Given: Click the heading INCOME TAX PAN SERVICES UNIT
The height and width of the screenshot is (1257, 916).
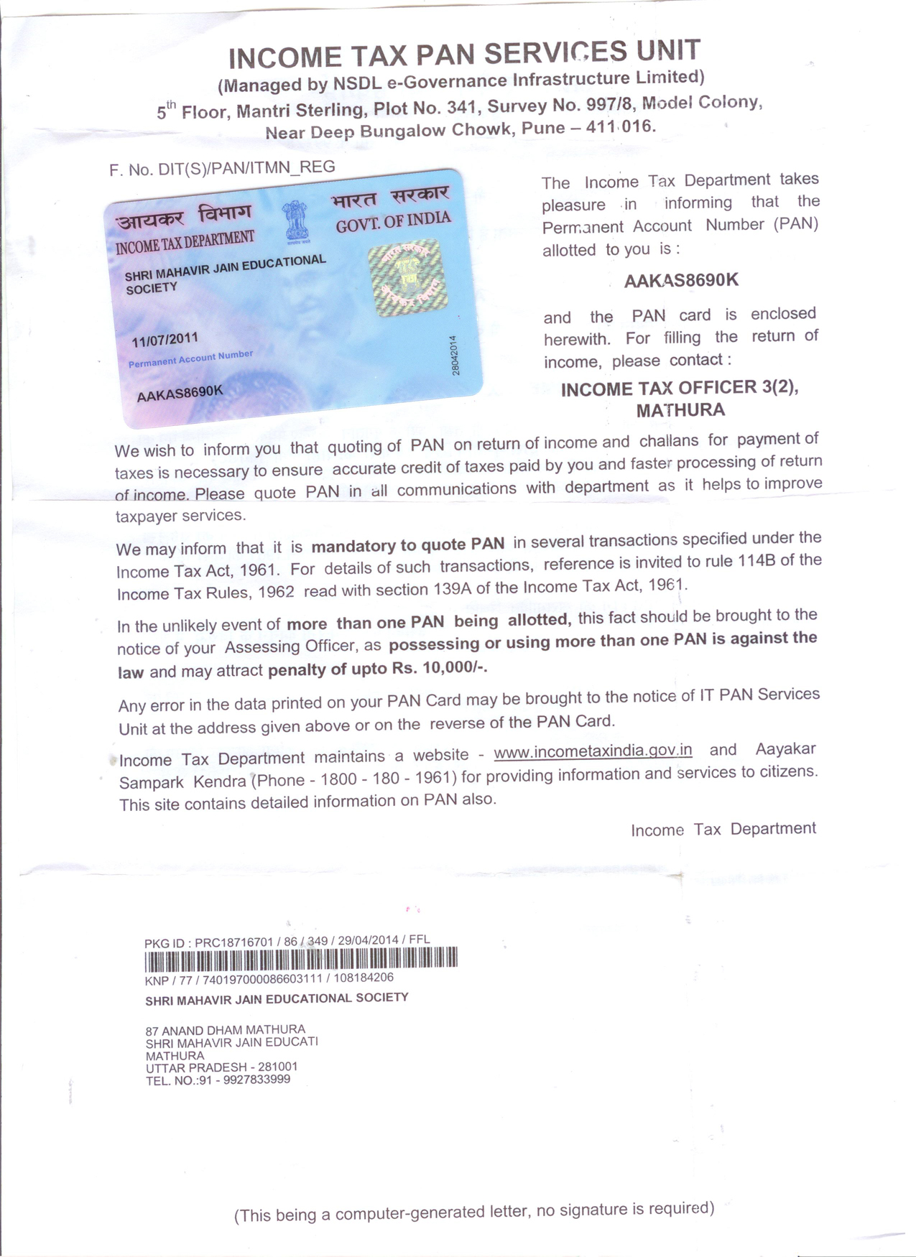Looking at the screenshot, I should coord(464,54).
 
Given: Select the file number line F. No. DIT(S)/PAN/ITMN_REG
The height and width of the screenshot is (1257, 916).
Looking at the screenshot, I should coord(222,168).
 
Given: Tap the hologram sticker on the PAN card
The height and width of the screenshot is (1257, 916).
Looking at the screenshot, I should coord(407,279).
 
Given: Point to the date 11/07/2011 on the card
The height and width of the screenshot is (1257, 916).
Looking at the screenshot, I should coord(165,339).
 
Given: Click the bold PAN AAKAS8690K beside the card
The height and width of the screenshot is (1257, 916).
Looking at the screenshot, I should coord(680,280).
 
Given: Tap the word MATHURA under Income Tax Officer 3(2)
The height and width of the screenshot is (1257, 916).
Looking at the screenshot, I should coord(680,411).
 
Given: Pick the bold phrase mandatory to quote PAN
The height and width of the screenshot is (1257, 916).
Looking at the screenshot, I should coord(407,544).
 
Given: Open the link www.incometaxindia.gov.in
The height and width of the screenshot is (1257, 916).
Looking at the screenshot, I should coord(593,751).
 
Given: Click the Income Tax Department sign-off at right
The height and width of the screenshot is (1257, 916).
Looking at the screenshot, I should coord(723,829).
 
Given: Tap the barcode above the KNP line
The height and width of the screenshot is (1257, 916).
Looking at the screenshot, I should coord(301,959).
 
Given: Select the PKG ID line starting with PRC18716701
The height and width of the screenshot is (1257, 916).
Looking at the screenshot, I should coord(287,942).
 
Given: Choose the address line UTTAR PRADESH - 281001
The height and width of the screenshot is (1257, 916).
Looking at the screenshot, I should coord(221,1067).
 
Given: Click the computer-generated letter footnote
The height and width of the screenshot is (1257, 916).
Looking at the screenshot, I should coord(474,1212).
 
